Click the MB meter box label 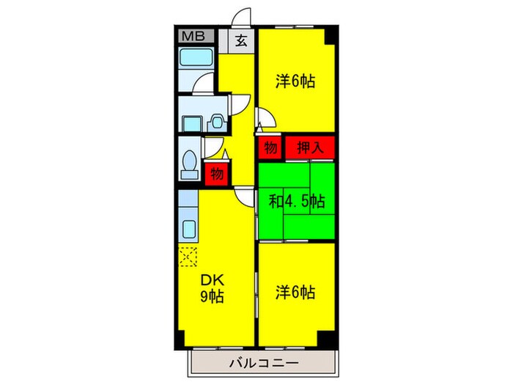point(194,36)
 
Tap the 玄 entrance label point(241,41)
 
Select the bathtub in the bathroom point(195,59)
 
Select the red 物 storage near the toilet point(216,173)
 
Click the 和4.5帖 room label point(296,200)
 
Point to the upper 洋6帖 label point(295,81)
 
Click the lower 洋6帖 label point(295,293)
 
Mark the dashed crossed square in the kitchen point(188,257)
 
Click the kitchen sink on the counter point(187,229)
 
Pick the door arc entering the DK point(245,197)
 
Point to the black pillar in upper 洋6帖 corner point(333,35)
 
